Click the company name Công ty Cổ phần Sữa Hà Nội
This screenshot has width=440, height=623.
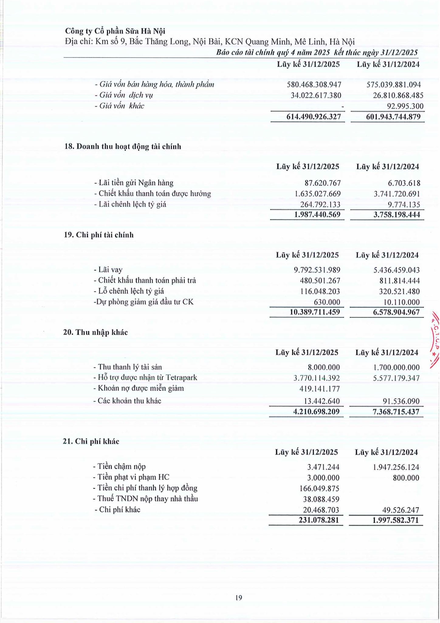click(x=115, y=31)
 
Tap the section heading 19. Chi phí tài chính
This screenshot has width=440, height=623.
click(x=98, y=235)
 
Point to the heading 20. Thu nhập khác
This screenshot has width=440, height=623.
click(x=95, y=332)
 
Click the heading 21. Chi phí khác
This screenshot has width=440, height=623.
click(x=91, y=441)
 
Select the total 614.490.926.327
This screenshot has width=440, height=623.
click(x=313, y=117)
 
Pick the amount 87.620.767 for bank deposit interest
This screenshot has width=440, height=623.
click(x=322, y=183)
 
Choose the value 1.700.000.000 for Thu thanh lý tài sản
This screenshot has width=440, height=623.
click(x=396, y=367)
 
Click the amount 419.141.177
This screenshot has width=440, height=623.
click(x=319, y=389)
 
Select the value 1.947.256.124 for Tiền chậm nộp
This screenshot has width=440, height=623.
click(x=396, y=467)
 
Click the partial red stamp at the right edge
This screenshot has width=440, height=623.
click(x=435, y=341)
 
